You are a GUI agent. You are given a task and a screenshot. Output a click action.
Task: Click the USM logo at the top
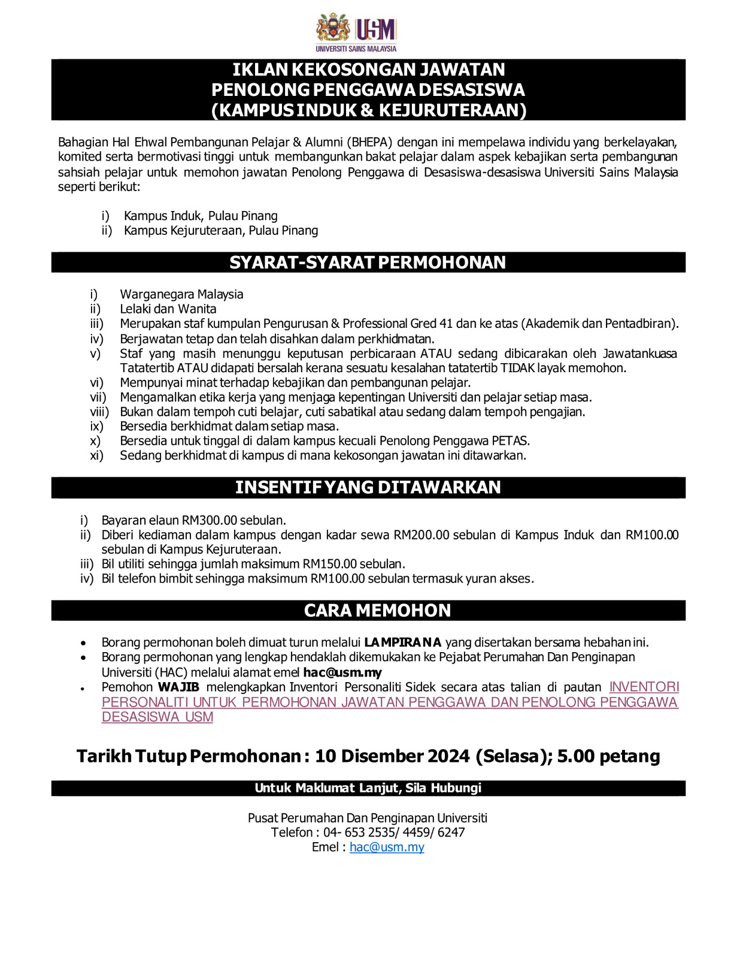click(356, 32)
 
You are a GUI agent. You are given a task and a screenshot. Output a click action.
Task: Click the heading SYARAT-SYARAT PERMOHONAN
click(368, 263)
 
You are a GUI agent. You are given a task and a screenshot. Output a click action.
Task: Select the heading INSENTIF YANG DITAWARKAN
click(368, 487)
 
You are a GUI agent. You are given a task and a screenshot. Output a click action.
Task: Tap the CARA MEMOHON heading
click(377, 610)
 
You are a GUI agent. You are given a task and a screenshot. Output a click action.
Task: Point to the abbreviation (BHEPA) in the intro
click(371, 142)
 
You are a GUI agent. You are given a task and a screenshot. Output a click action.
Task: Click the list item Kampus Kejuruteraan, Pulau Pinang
click(220, 230)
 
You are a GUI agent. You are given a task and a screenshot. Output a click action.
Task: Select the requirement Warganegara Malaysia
click(181, 294)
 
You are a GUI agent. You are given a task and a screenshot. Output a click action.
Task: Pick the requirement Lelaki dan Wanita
click(168, 309)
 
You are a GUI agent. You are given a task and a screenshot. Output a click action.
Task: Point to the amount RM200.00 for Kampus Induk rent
click(421, 535)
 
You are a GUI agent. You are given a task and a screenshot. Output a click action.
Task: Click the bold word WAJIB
click(178, 687)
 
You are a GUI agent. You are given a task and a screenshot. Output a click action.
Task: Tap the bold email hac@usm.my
click(342, 672)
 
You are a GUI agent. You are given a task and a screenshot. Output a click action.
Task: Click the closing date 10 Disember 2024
click(392, 756)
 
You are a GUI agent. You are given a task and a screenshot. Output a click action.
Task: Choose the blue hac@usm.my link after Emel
click(387, 847)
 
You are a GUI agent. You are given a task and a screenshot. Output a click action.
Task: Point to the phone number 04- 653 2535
click(359, 832)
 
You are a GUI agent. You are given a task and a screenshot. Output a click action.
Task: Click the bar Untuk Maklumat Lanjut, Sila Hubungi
click(368, 788)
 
